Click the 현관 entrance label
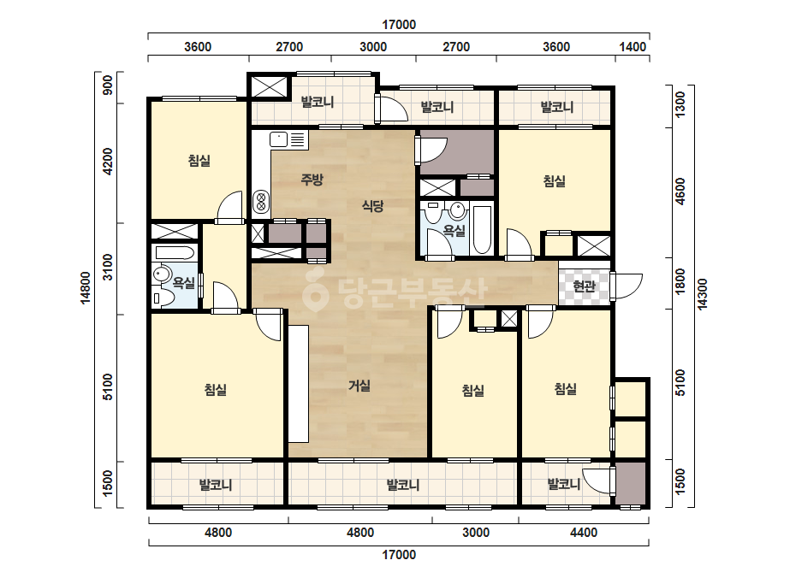click(x=584, y=286)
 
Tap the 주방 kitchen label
click(x=312, y=180)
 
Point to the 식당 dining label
click(x=373, y=206)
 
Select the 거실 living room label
click(x=359, y=386)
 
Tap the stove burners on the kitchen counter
click(x=261, y=202)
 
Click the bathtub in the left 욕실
click(x=175, y=253)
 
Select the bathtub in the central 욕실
click(x=482, y=230)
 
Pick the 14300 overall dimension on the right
click(x=703, y=294)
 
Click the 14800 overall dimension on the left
click(x=86, y=287)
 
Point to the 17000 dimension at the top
click(x=399, y=25)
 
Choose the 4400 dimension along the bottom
click(x=584, y=533)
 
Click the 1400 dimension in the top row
click(x=633, y=47)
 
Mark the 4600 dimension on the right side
click(x=680, y=192)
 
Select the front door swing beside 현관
click(x=627, y=287)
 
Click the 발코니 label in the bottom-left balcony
click(x=216, y=486)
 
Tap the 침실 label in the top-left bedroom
click(x=199, y=161)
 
